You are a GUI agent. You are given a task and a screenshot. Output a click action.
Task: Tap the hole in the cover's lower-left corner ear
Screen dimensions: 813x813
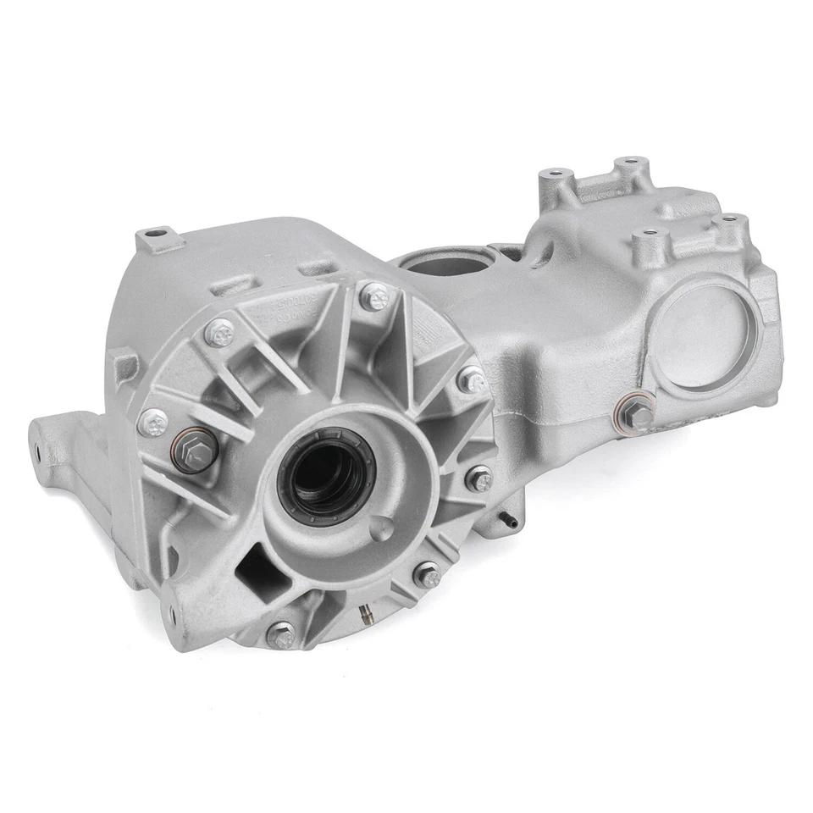coord(173,612)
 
